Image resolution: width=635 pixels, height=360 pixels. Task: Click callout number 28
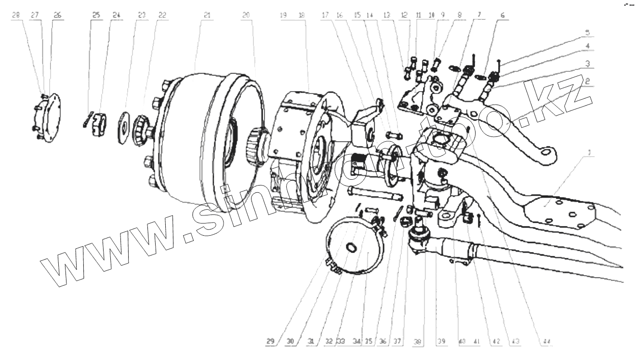click(x=16, y=15)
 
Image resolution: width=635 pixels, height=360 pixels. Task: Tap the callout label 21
click(x=207, y=15)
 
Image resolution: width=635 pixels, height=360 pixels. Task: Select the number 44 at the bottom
click(x=546, y=342)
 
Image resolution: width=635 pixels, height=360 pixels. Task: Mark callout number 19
click(x=283, y=15)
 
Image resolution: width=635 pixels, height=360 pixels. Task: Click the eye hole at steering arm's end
click(x=546, y=153)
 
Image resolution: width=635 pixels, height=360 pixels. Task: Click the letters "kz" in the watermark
click(x=564, y=96)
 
